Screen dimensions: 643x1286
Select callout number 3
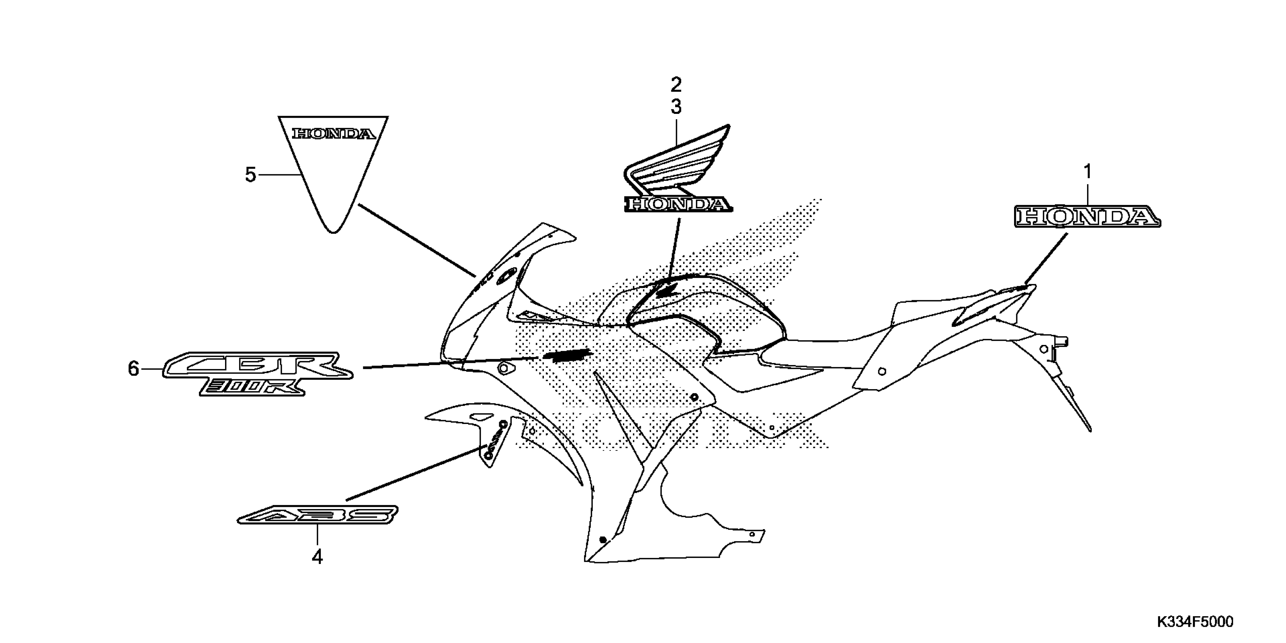click(676, 107)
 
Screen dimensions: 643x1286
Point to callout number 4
click(317, 557)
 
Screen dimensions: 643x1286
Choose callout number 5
click(251, 175)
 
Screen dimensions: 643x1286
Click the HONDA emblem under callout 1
click(1087, 217)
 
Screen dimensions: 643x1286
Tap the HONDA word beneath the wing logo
click(678, 204)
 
